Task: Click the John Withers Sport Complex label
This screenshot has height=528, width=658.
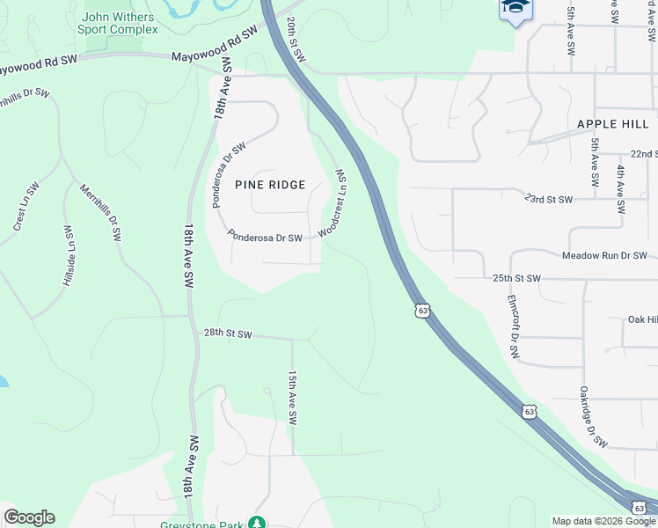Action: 120,23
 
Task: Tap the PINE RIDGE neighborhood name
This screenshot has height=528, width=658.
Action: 270,185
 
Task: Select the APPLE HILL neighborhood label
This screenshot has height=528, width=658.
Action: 612,124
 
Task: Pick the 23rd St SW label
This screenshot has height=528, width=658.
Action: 548,200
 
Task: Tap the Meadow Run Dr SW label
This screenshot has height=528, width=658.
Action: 604,255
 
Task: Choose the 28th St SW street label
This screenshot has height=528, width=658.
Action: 228,334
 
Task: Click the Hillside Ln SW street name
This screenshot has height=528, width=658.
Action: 68,256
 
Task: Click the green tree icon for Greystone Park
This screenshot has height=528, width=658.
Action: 256,523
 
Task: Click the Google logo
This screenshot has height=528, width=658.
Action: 29,517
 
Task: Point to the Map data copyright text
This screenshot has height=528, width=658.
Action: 603,521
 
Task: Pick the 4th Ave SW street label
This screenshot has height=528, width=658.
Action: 620,190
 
